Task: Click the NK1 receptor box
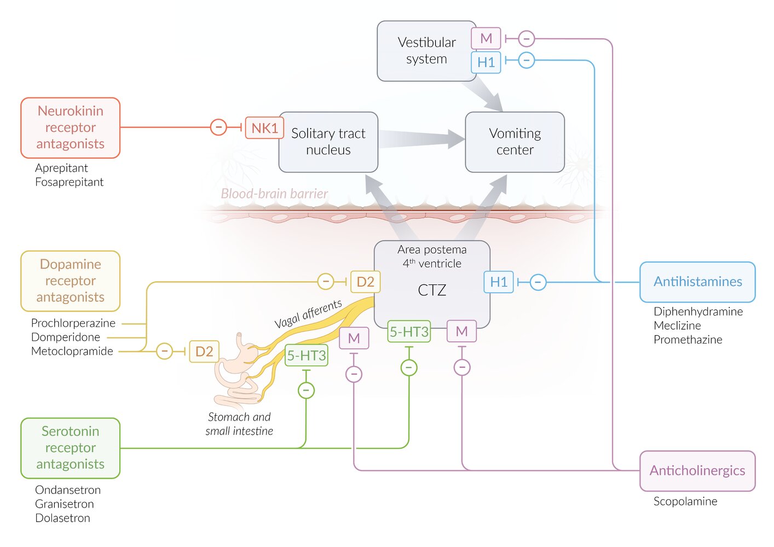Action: click(x=264, y=128)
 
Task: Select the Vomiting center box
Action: click(x=515, y=142)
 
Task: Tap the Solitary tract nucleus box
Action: click(x=328, y=142)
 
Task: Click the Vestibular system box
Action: click(x=426, y=51)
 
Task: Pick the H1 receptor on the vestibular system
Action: click(x=486, y=62)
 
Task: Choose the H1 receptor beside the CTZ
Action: click(x=499, y=282)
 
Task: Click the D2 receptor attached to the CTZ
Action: click(x=365, y=282)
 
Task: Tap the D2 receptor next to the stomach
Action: click(x=204, y=351)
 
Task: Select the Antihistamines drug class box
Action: click(x=697, y=282)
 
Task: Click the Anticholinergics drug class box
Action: click(x=697, y=470)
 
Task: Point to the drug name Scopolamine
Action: click(x=685, y=501)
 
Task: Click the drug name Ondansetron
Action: click(x=68, y=490)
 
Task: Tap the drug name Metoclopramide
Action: click(x=72, y=351)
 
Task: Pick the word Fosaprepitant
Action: click(x=69, y=182)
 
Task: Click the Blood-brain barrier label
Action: click(x=274, y=194)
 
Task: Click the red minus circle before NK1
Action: click(x=218, y=128)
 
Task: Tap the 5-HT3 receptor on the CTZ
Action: click(x=409, y=331)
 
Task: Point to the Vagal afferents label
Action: click(x=308, y=313)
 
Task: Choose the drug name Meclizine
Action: click(x=677, y=325)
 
